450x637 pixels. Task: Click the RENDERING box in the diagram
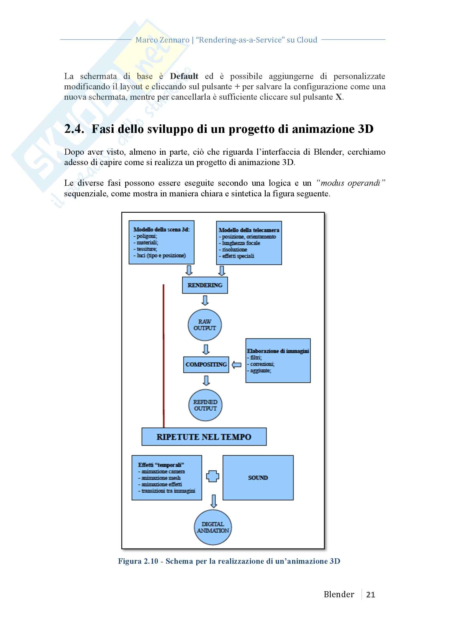point(205,285)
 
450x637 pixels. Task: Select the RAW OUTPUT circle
point(205,325)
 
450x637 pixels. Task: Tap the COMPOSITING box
point(206,364)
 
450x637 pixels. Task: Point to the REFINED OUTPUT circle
point(206,405)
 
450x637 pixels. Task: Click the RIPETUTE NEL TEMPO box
point(204,437)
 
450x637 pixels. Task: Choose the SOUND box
point(258,478)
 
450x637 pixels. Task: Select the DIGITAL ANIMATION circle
point(213,527)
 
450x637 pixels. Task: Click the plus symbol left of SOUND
point(213,476)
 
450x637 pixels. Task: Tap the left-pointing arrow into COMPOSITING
point(237,365)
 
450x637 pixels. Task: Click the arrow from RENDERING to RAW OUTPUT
point(205,300)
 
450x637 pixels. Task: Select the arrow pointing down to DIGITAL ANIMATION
point(213,501)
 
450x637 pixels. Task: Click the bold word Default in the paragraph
point(184,76)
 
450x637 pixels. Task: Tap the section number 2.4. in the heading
point(74,129)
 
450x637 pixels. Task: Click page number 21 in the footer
point(371,595)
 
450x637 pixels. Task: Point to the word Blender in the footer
point(339,594)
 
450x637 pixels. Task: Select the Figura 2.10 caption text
point(229,561)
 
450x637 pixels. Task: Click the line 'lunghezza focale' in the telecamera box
point(241,243)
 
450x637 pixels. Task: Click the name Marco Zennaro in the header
point(162,40)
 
